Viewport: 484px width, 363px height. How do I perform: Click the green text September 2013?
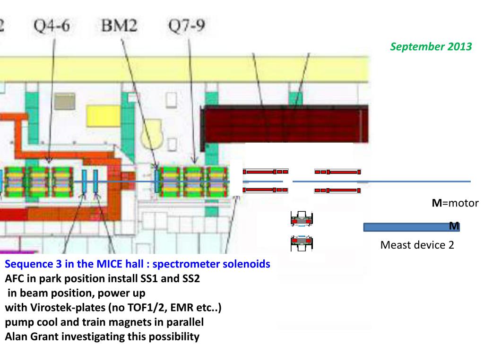[x=431, y=47]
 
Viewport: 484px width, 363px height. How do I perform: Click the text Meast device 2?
[x=417, y=245]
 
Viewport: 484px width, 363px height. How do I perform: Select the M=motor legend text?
[x=455, y=203]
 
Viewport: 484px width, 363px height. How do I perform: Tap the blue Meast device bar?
[x=406, y=227]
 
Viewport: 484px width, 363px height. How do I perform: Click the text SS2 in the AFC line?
[x=189, y=279]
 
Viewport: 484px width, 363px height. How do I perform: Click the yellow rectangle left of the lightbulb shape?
[x=103, y=116]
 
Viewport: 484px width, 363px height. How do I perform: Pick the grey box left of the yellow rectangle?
[x=64, y=100]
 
